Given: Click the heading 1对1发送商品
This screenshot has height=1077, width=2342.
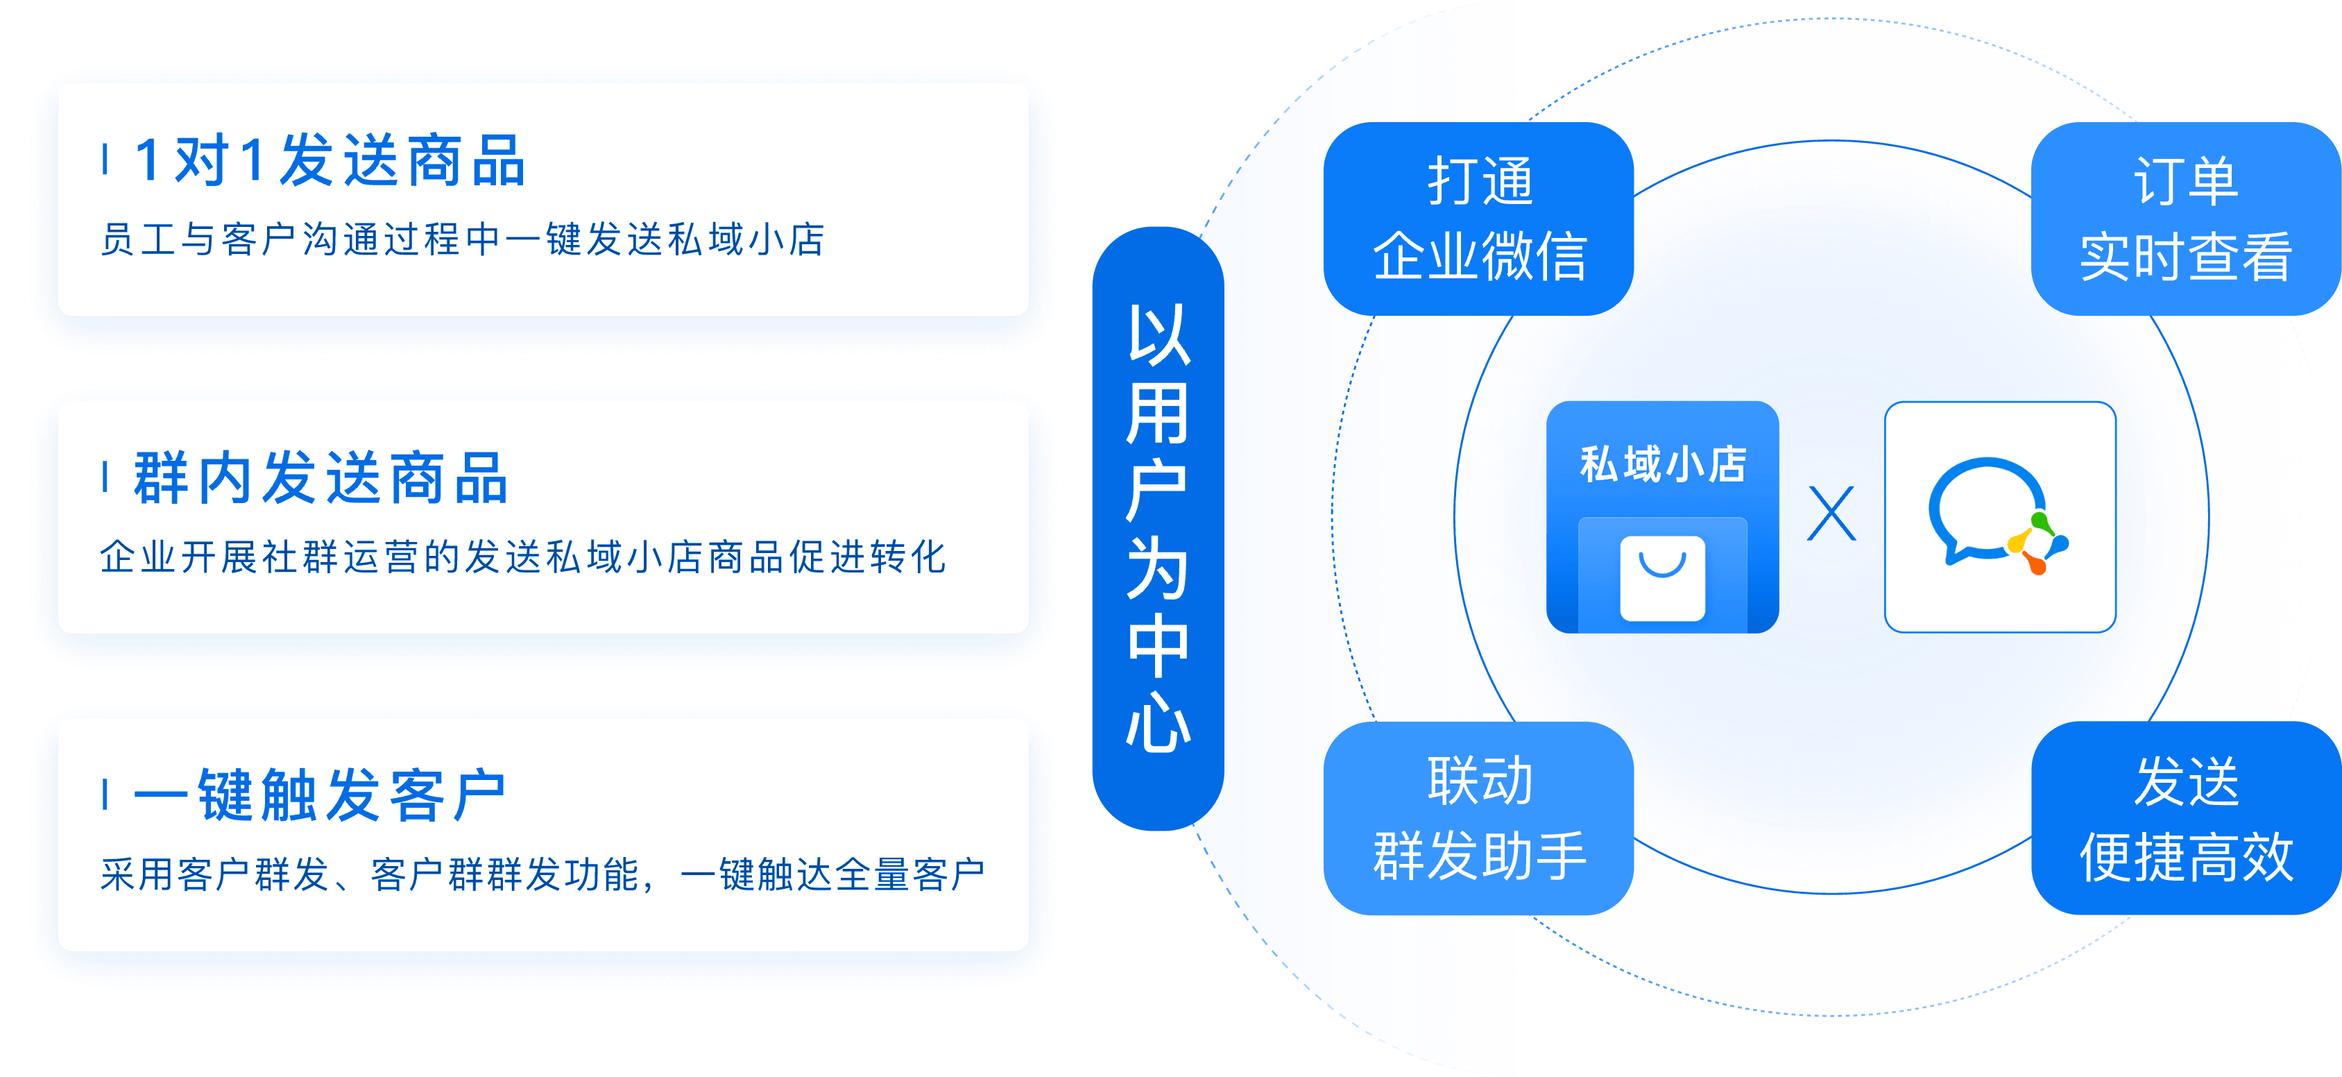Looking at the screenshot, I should (330, 161).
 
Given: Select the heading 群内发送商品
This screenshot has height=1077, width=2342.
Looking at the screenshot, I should (321, 477).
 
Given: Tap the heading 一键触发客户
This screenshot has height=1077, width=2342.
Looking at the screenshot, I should (319, 795).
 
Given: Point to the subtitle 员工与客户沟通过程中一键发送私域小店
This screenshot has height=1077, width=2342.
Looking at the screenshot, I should (462, 240).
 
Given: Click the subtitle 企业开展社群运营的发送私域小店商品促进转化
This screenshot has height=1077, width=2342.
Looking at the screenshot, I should (523, 557).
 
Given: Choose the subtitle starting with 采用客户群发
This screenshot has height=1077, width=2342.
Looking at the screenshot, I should (542, 874).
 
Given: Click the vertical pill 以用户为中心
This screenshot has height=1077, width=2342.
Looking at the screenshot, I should (1157, 527).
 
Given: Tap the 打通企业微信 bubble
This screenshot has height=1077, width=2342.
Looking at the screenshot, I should (1478, 219).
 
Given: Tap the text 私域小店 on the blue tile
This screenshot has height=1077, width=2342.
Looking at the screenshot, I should (1662, 464).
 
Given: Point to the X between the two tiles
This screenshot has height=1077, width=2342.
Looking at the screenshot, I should (1831, 514).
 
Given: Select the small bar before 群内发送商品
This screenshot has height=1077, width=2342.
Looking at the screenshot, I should (105, 477).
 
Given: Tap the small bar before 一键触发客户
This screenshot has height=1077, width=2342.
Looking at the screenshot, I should (105, 794).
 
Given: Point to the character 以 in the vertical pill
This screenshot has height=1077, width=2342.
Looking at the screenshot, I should (1157, 334).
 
